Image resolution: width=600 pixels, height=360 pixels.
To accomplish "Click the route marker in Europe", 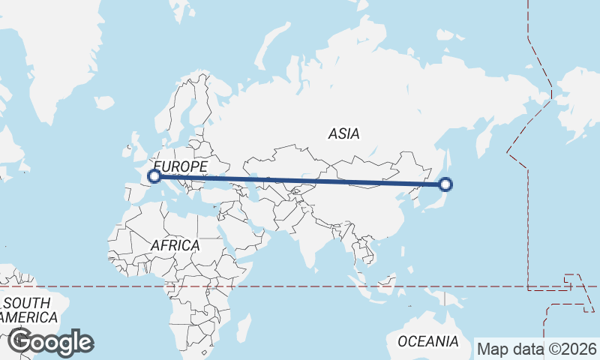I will (154, 176).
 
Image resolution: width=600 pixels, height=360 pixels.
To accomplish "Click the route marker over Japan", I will (445, 184).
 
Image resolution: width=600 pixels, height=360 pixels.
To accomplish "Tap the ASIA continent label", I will (344, 133).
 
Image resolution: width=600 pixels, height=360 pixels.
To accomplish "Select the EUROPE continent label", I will (180, 165).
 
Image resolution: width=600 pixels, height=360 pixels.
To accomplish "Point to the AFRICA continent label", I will (175, 245).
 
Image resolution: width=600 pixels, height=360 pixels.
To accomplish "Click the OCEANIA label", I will (427, 341).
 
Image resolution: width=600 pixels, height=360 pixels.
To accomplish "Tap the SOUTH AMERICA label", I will (26, 310).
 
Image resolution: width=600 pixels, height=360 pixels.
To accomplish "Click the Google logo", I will (50, 342).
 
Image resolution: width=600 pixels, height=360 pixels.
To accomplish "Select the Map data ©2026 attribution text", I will (537, 349).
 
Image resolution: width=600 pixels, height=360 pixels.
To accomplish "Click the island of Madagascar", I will (244, 328).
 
